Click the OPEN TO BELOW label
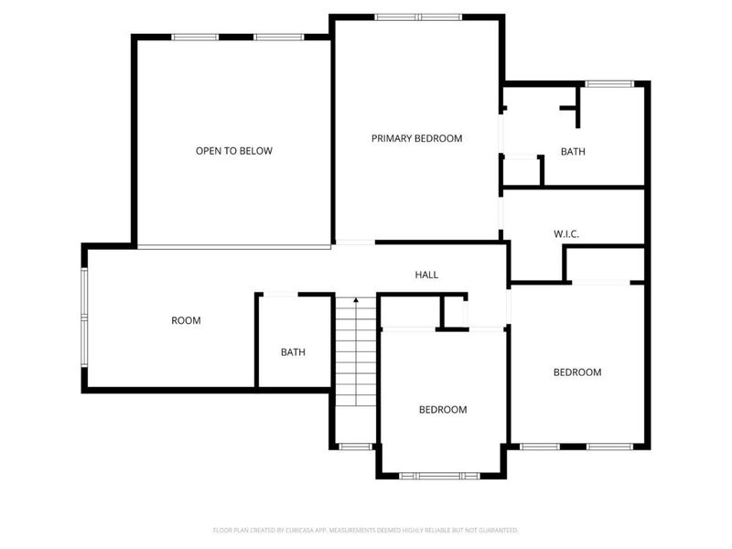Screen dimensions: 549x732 pyautogui.click(x=233, y=151)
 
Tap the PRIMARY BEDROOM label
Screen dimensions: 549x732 pyautogui.click(x=416, y=138)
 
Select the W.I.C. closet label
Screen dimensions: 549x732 pyautogui.click(x=566, y=234)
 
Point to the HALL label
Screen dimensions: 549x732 pyautogui.click(x=426, y=274)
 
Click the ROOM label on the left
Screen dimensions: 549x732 pyautogui.click(x=186, y=320)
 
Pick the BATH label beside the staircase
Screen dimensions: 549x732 pyautogui.click(x=293, y=352)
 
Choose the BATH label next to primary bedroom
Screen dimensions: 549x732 pyautogui.click(x=573, y=152)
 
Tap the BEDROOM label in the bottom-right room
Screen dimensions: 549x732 pyautogui.click(x=577, y=372)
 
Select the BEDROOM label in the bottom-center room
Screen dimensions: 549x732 pyautogui.click(x=443, y=409)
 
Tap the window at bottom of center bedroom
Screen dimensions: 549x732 pyautogui.click(x=440, y=476)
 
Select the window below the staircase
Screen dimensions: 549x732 pyautogui.click(x=355, y=447)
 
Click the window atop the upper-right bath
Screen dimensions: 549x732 pyautogui.click(x=609, y=84)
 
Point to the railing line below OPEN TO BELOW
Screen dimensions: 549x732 pyautogui.click(x=233, y=246)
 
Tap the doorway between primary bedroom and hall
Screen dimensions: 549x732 pyautogui.click(x=355, y=242)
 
